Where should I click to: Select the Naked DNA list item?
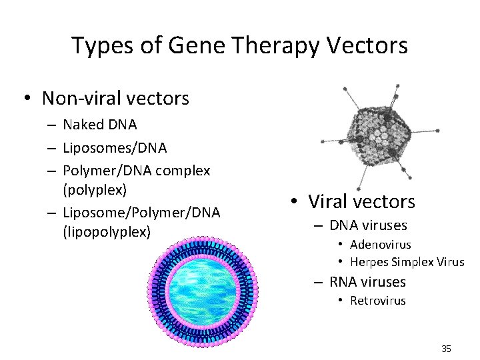[100, 125]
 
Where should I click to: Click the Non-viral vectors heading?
[115, 99]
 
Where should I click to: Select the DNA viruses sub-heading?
[368, 225]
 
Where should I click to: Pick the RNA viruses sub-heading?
[367, 281]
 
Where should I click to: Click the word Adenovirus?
[381, 245]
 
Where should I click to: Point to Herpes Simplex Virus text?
[407, 262]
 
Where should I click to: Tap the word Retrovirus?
[378, 301]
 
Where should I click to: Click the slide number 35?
[446, 349]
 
